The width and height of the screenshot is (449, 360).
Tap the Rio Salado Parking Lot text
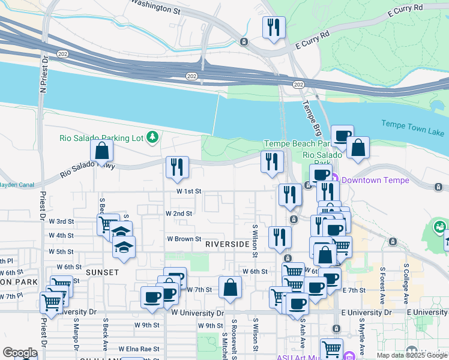[x=101, y=138]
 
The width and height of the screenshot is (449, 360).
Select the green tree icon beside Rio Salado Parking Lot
[x=152, y=138]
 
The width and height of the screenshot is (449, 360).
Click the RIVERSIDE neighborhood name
[x=227, y=245]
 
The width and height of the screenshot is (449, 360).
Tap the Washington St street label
[x=155, y=7]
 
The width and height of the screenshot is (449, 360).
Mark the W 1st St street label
[x=188, y=191]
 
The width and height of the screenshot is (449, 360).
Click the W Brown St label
[x=184, y=239]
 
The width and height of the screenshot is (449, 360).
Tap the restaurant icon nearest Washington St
[x=274, y=26]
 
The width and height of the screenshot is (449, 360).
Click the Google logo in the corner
[x=20, y=352]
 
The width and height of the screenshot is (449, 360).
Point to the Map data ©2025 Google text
[x=411, y=355]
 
